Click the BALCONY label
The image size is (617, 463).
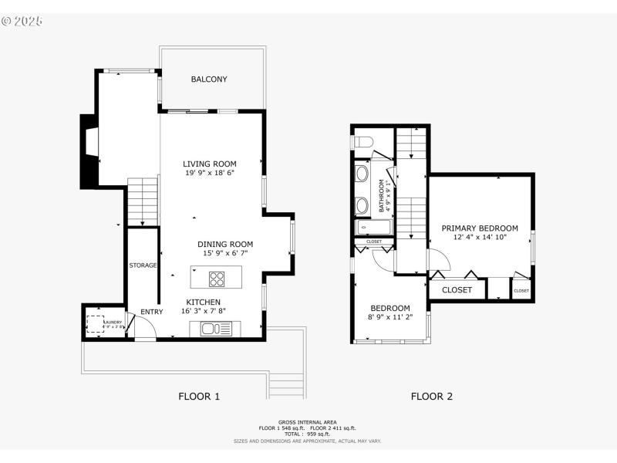pyautogui.click(x=209, y=79)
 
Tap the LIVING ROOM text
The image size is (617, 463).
pyautogui.click(x=210, y=164)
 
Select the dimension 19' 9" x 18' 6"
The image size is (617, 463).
pyautogui.click(x=210, y=174)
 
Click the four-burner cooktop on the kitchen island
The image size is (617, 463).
pyautogui.click(x=217, y=279)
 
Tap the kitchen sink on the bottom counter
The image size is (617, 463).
pyautogui.click(x=216, y=330)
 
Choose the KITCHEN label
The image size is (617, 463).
pyautogui.click(x=203, y=302)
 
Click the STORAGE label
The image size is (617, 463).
pyautogui.click(x=143, y=265)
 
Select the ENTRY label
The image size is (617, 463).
pyautogui.click(x=152, y=312)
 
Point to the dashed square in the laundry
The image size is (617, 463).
pyautogui.click(x=96, y=325)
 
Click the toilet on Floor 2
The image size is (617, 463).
pyautogui.click(x=362, y=142)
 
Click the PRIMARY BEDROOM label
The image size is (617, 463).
pyautogui.click(x=480, y=228)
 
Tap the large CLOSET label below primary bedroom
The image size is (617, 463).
pyautogui.click(x=457, y=290)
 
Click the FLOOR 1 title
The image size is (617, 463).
pyautogui.click(x=200, y=397)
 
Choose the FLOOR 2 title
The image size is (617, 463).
pyautogui.click(x=431, y=397)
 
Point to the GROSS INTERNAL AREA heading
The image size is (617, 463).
pyautogui.click(x=307, y=422)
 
